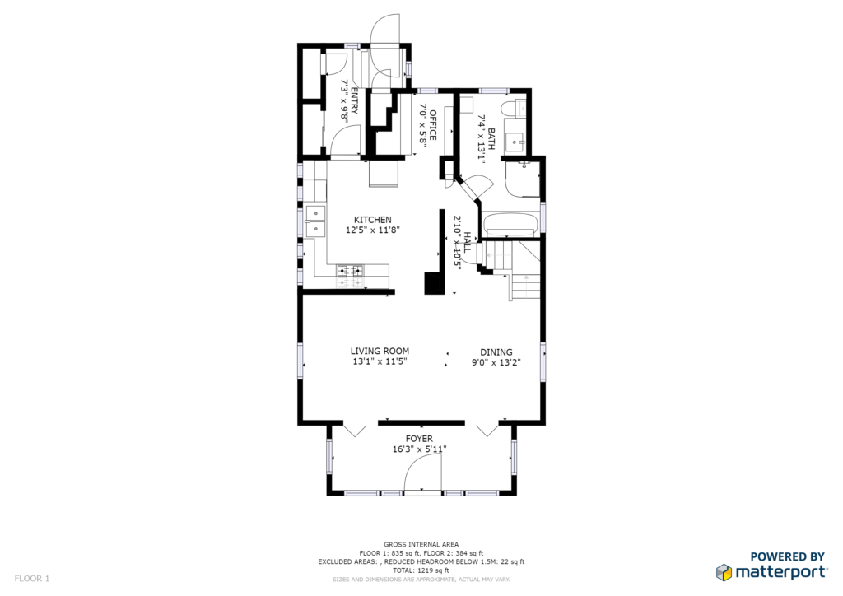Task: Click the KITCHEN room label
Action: tap(373, 220)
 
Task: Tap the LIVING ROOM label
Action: tap(380, 352)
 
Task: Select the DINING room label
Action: tap(496, 352)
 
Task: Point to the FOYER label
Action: tap(419, 439)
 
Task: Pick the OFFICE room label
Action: tap(433, 124)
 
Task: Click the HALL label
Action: tap(468, 243)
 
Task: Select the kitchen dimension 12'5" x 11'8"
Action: tap(373, 230)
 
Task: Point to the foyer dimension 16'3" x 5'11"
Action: tap(419, 449)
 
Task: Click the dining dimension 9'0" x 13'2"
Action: tap(496, 363)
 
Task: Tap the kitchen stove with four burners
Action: tap(349, 277)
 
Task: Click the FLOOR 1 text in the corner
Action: tap(32, 579)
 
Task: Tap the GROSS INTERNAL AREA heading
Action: tap(421, 544)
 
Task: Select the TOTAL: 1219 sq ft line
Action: tap(421, 570)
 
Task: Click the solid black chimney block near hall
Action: tap(435, 282)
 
